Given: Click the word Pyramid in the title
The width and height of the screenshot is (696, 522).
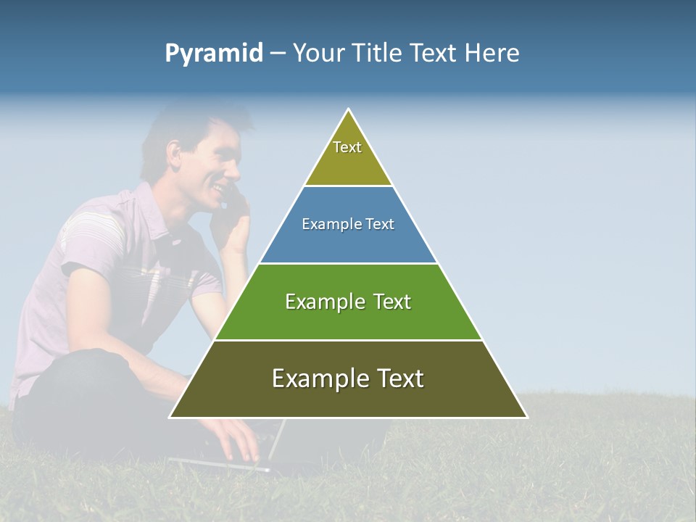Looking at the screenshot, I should coord(213,54).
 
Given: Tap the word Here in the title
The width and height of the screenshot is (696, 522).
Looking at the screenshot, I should coord(492,54).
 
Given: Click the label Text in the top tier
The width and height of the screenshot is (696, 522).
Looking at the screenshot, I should coord(347,147).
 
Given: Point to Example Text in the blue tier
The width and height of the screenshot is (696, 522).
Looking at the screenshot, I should coord(348,224).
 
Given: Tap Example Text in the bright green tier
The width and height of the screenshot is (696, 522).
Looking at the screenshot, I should coord(348,302).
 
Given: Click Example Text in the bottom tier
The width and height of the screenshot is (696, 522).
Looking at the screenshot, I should coord(348,378).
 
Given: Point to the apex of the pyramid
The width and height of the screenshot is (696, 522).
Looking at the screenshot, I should coord(349,110).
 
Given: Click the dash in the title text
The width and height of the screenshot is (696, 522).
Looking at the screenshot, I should coord(278,54).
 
